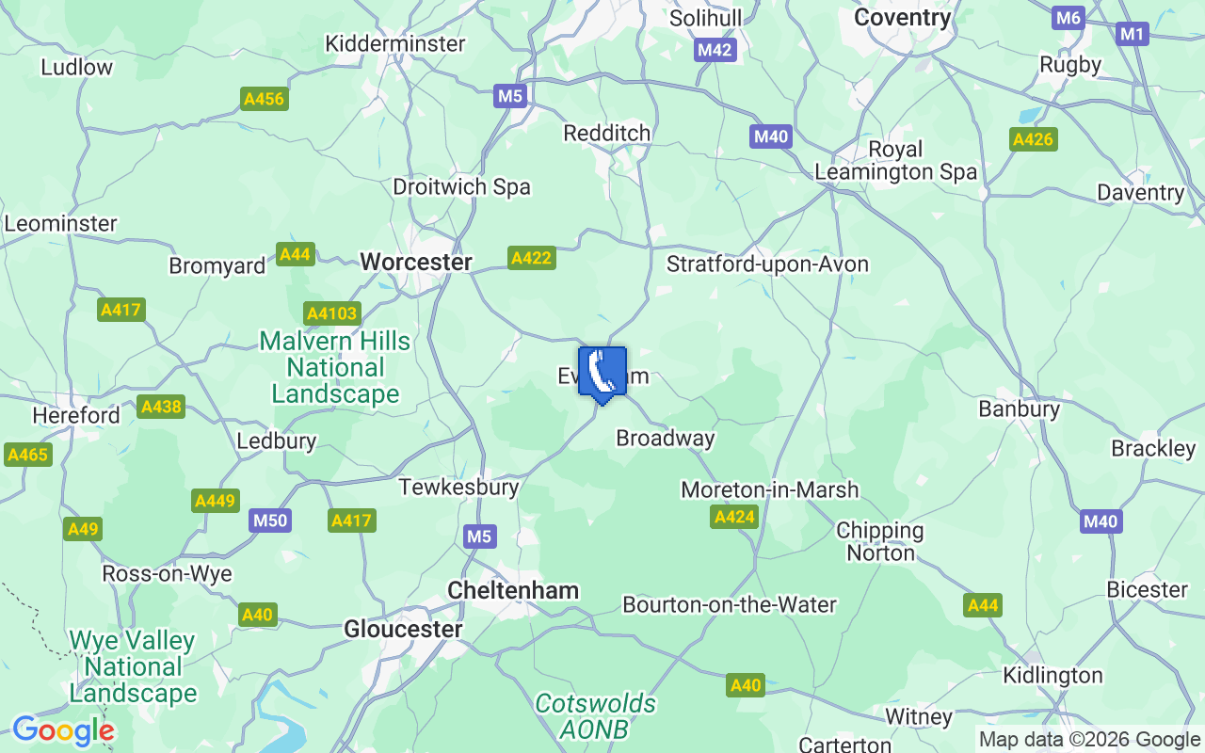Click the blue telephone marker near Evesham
[x=602, y=373]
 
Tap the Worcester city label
[x=416, y=262]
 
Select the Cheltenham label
[x=513, y=590]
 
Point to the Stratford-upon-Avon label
[x=767, y=264]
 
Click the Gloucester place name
[x=403, y=629]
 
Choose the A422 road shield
[x=531, y=258]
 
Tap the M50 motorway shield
[x=270, y=521]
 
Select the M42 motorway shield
[x=715, y=50]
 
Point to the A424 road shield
[x=734, y=517]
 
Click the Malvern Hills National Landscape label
[x=335, y=367]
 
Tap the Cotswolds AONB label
[x=595, y=716]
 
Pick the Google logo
[x=63, y=730]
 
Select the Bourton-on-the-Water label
[x=730, y=604]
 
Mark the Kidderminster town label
[x=394, y=43]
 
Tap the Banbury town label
[x=1019, y=409]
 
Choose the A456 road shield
[x=264, y=99]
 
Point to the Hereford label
[x=76, y=415]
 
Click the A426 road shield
[x=1033, y=140]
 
